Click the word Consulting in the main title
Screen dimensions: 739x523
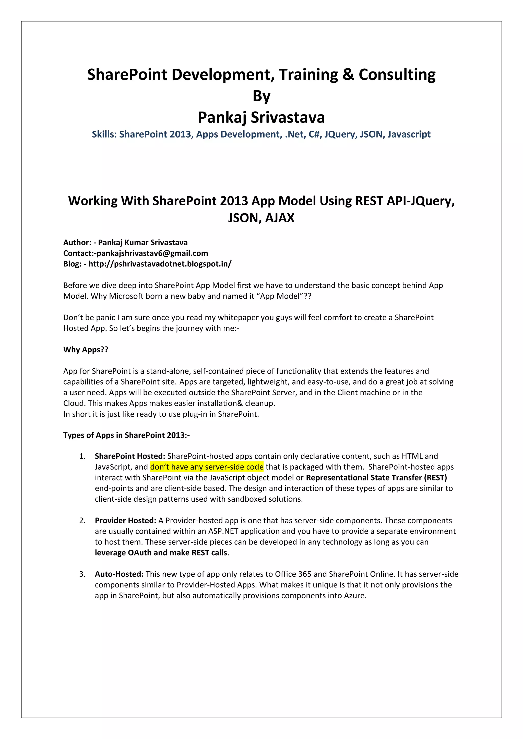tap(397, 75)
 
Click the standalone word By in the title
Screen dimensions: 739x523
tap(261, 96)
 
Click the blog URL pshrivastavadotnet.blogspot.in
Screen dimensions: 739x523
tap(160, 264)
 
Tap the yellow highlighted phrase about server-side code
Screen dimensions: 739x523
tap(207, 467)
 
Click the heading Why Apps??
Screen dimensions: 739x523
tap(86, 350)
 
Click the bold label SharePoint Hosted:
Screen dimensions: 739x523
tap(130, 457)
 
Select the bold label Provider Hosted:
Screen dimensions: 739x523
tap(125, 521)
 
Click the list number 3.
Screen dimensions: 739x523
tap(82, 574)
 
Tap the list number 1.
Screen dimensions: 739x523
tap(82, 457)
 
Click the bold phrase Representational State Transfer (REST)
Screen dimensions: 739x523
tap(376, 478)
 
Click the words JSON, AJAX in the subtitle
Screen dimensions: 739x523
tap(261, 218)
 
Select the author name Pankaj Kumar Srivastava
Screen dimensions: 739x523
tap(143, 242)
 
